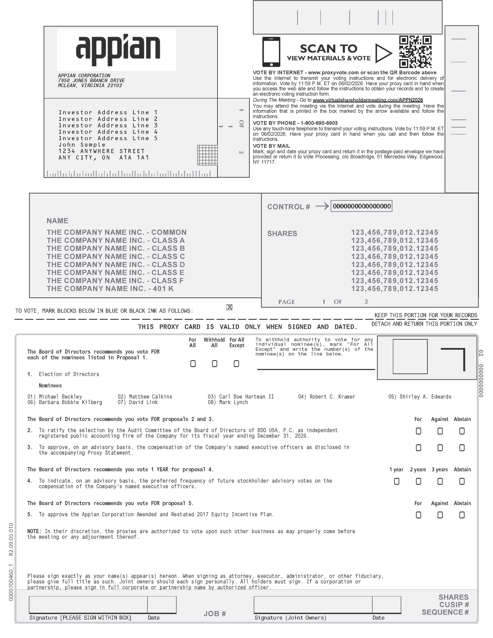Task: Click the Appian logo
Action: tap(118, 50)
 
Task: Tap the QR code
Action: tap(415, 52)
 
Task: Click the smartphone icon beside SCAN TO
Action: tap(271, 52)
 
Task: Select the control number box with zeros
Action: tap(361, 206)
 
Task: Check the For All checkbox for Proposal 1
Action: tap(193, 364)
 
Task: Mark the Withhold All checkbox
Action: tap(214, 364)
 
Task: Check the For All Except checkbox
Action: tap(236, 364)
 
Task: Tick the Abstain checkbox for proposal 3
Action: tap(462, 448)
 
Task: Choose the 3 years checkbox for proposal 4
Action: tap(440, 481)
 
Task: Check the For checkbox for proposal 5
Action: tap(418, 515)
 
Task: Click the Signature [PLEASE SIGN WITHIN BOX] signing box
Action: tap(88, 604)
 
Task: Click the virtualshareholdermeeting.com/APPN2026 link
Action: tap(368, 100)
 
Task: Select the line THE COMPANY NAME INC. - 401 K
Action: tap(110, 289)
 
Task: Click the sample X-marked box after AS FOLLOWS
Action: tap(229, 307)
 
